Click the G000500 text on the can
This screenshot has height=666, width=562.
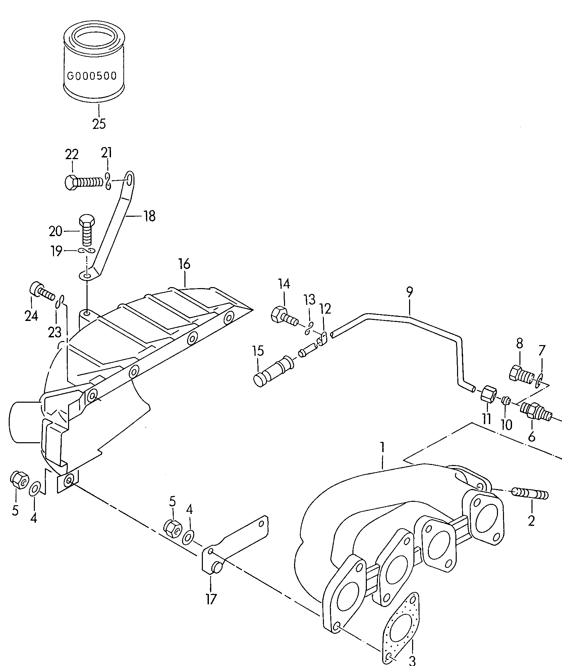[x=92, y=76]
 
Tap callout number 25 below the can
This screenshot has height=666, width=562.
[x=99, y=124]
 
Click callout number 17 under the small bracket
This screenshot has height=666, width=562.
[x=211, y=599]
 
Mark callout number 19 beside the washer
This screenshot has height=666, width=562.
[x=56, y=251]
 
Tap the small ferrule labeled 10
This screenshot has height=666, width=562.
[x=506, y=401]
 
